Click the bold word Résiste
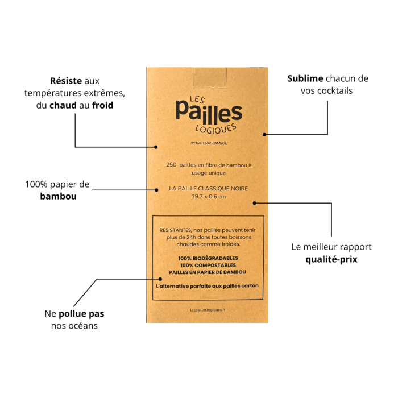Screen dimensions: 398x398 click(66, 81)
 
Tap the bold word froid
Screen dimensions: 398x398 click(102, 105)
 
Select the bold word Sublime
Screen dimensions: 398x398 click(305, 78)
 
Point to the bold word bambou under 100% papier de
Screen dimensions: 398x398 click(59, 196)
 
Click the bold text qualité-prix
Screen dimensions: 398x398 click(331, 259)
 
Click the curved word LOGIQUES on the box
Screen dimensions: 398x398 click(215, 128)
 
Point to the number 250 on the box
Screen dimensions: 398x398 click(171, 165)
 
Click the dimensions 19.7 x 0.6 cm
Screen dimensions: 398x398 click(209, 197)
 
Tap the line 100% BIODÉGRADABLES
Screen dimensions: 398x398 click(208, 258)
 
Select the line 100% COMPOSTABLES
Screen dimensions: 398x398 click(208, 266)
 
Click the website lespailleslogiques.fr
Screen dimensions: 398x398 click(208, 310)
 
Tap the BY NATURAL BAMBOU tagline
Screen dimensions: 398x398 click(209, 143)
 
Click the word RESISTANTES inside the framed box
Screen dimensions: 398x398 click(175, 230)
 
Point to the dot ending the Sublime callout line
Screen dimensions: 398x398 click(264, 135)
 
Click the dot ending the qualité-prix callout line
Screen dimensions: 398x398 click(255, 203)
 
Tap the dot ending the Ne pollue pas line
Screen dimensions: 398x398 click(160, 279)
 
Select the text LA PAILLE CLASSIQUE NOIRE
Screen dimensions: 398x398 click(209, 189)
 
